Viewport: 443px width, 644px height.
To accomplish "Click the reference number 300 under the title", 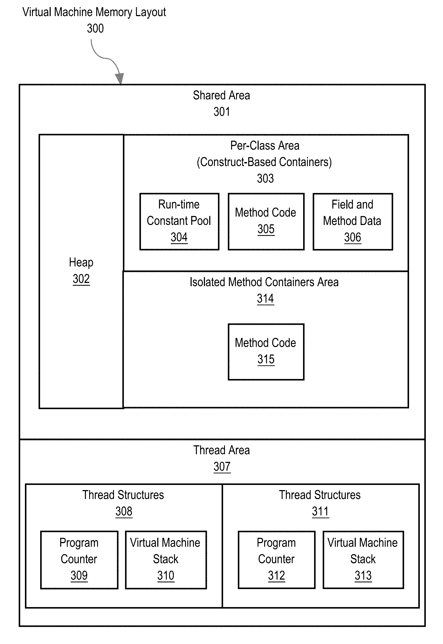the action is pos(95,28).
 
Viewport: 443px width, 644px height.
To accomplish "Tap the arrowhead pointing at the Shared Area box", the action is pos(120,79).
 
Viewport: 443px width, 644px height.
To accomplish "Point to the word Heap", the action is pos(81,262).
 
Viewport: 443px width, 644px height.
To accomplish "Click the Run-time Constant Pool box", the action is pos(179,222).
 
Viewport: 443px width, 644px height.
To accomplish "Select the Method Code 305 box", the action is pos(266,222).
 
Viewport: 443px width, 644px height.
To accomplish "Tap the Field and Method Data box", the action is pos(353,222).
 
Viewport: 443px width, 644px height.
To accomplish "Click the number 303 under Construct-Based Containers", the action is pos(265,178).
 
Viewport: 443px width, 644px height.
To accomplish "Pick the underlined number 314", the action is pos(266,299).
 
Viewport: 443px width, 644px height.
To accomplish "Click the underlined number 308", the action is pos(124,511).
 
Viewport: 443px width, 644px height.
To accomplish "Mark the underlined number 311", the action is pos(320,511).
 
